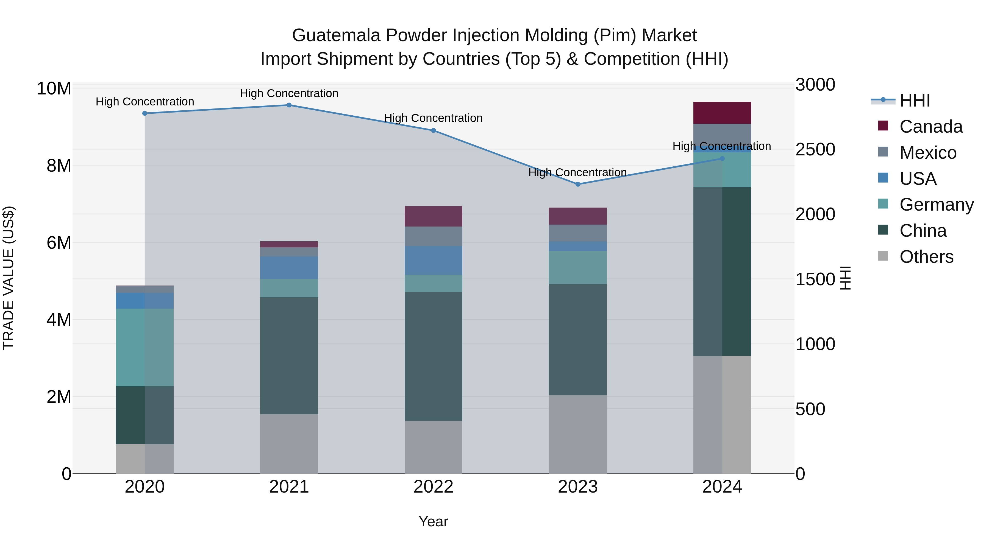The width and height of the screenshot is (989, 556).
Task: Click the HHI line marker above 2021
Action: point(289,105)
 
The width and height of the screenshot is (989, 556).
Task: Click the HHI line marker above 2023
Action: point(578,184)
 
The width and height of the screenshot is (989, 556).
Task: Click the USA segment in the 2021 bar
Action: point(289,267)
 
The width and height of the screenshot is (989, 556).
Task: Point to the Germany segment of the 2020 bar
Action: point(145,347)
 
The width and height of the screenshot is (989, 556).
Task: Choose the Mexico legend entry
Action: point(928,153)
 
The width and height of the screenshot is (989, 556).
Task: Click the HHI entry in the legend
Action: point(915,100)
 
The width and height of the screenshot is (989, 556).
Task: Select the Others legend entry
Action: point(926,257)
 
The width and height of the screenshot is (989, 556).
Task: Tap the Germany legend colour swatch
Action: point(883,204)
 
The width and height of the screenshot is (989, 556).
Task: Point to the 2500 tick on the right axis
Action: point(815,149)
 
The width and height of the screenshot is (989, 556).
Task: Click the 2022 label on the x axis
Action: point(434,487)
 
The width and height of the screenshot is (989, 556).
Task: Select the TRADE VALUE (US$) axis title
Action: point(9,278)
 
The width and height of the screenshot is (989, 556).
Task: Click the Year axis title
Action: point(434,521)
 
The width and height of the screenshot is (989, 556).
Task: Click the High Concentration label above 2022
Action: point(434,118)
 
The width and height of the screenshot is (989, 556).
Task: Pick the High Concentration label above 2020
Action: point(145,102)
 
